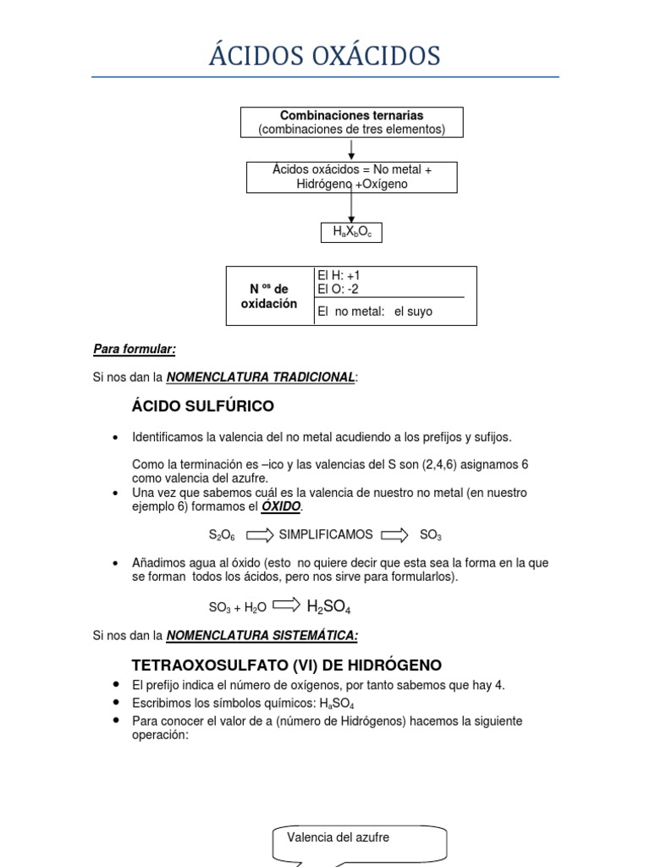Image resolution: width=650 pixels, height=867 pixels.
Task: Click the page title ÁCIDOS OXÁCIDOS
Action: (325, 57)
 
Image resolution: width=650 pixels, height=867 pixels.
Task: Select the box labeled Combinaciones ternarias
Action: (351, 122)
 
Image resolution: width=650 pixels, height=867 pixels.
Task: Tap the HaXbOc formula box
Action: (351, 233)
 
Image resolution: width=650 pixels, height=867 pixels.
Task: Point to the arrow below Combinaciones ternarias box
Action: (351, 150)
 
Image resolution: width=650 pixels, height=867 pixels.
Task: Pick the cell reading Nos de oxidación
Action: (270, 296)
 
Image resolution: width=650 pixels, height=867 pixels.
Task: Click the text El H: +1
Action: (339, 275)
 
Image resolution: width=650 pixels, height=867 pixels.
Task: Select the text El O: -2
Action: (338, 290)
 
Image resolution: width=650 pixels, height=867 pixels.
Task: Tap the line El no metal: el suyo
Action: (374, 312)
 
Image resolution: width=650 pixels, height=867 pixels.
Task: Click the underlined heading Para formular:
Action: (135, 349)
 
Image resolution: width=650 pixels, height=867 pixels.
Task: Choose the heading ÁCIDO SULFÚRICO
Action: (203, 406)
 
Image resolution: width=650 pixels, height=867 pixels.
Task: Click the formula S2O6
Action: (222, 535)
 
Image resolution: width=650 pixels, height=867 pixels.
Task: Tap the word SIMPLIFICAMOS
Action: (326, 535)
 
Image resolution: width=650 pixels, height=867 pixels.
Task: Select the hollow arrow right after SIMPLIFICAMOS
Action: (394, 535)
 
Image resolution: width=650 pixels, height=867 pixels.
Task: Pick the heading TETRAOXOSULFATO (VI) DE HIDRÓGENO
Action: (287, 665)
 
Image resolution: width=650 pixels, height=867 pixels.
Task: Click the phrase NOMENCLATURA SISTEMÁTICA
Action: (262, 635)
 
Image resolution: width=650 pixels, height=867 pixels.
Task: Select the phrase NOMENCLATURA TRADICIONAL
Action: (260, 377)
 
